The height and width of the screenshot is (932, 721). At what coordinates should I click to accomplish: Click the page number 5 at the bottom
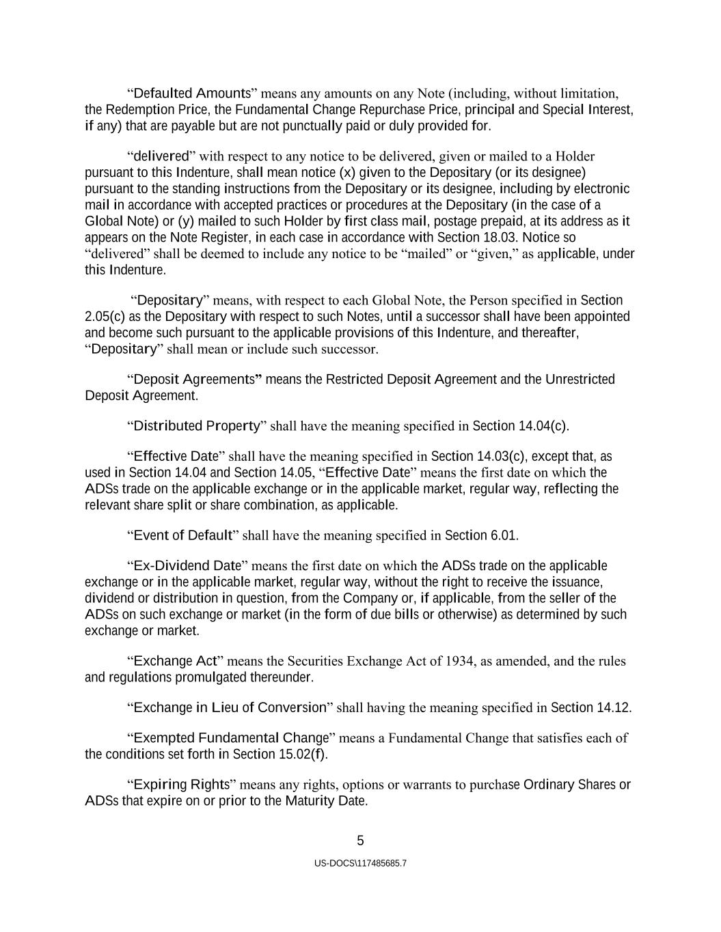click(360, 841)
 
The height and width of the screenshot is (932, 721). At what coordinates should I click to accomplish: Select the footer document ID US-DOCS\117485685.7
click(360, 864)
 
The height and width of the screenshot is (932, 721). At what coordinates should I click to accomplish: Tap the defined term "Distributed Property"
click(197, 426)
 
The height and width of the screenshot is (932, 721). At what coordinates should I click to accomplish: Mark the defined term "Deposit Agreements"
click(194, 380)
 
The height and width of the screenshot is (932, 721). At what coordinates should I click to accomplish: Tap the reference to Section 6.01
click(481, 535)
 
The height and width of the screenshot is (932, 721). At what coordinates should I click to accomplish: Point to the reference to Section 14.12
click(590, 707)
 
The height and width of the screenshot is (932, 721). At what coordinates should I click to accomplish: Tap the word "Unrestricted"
click(580, 380)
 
